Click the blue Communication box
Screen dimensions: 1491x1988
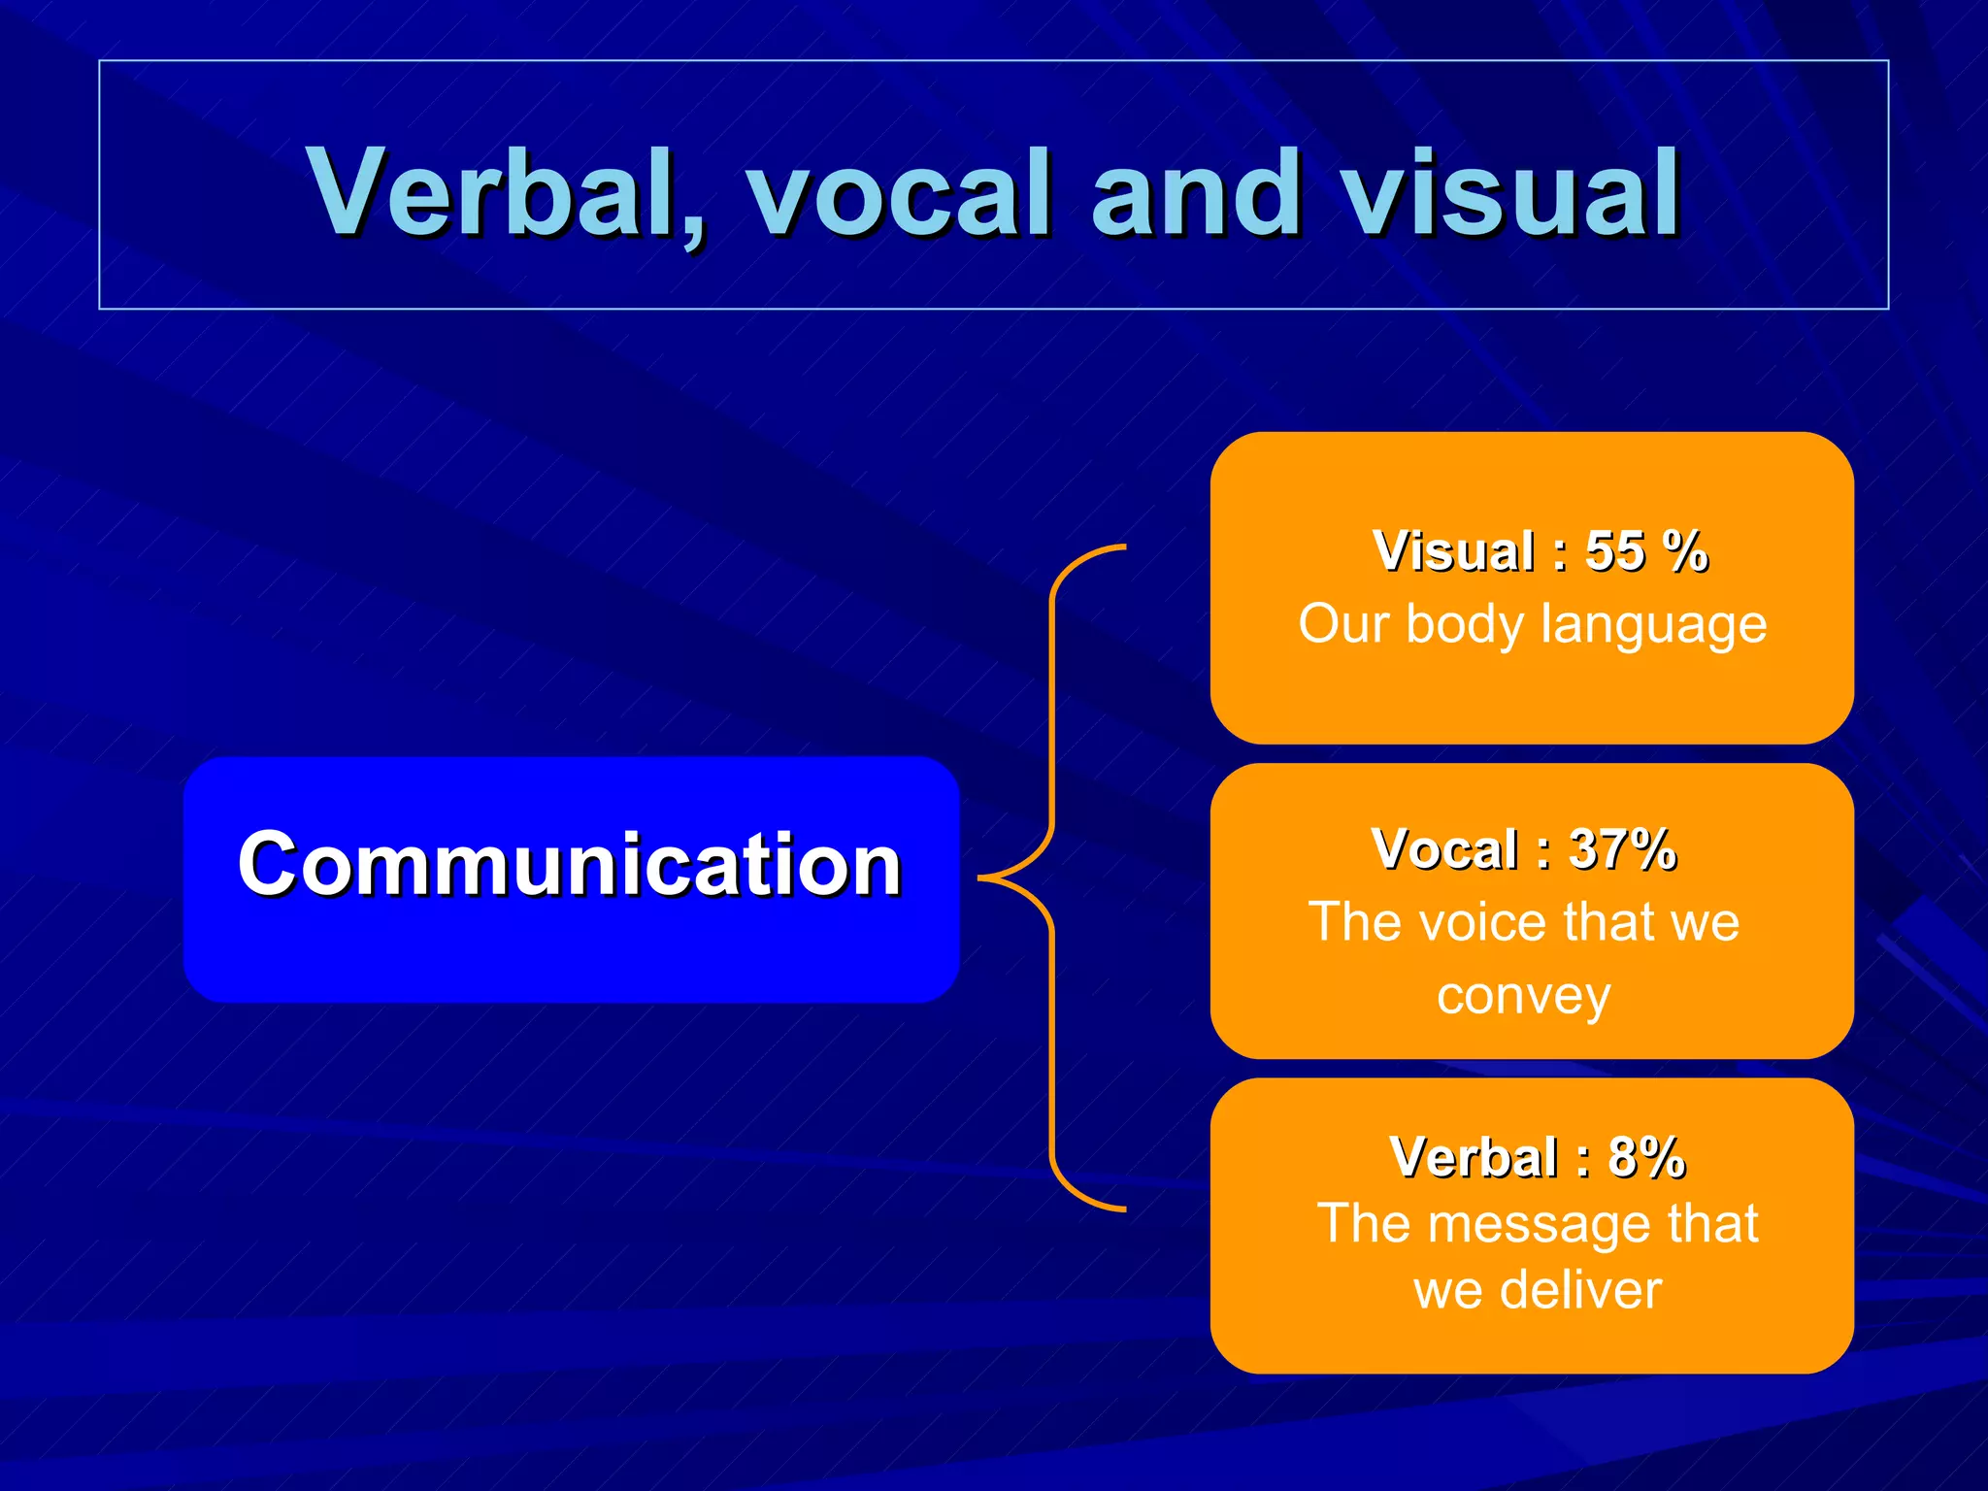pyautogui.click(x=571, y=878)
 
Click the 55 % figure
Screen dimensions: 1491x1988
pyautogui.click(x=1646, y=551)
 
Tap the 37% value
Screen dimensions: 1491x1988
pyautogui.click(x=1623, y=849)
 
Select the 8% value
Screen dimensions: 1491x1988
pyautogui.click(x=1647, y=1157)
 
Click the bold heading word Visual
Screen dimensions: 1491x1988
pyautogui.click(x=1454, y=551)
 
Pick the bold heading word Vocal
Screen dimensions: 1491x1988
pyautogui.click(x=1444, y=849)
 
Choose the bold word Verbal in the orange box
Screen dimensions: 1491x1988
pyautogui.click(x=1474, y=1157)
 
